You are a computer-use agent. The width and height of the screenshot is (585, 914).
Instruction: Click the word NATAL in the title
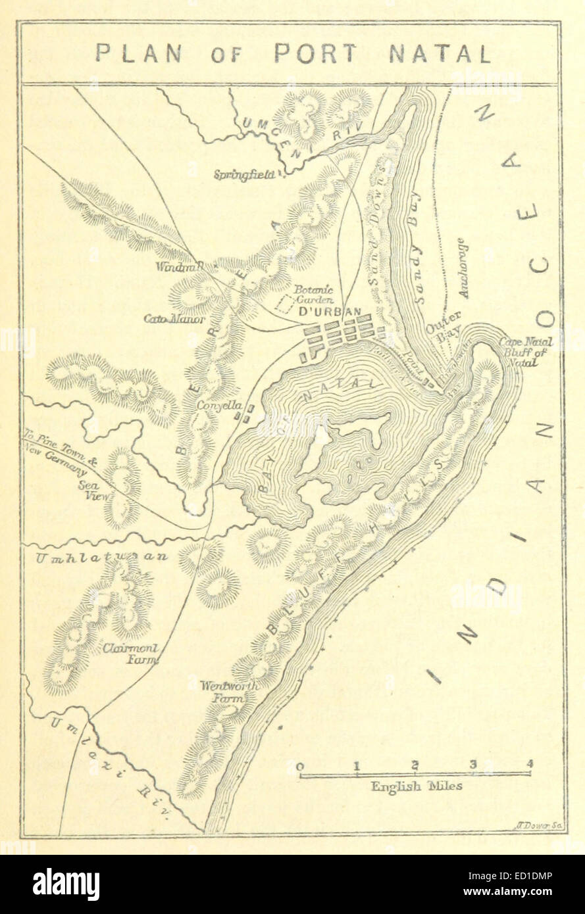(440, 53)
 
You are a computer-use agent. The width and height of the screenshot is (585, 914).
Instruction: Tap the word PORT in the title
(317, 53)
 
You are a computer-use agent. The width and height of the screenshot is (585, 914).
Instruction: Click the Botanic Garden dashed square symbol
(285, 303)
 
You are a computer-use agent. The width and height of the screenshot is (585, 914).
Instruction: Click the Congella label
(220, 406)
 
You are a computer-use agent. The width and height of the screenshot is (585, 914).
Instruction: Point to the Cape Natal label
(525, 342)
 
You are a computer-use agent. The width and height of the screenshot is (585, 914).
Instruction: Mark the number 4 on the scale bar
(529, 764)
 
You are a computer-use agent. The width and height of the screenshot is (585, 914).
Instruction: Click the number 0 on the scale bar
(300, 765)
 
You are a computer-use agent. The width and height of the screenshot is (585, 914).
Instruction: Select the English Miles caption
(416, 786)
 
